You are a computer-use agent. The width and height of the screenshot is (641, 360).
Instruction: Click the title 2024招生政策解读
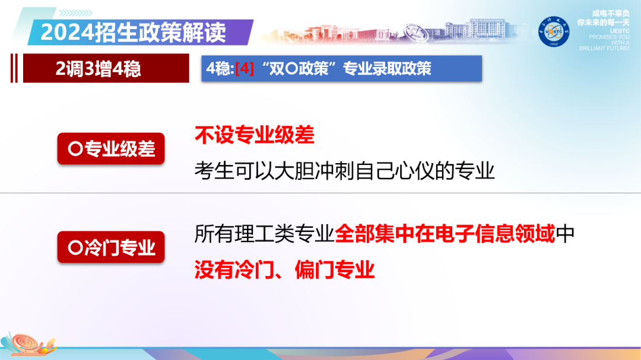tap(133, 31)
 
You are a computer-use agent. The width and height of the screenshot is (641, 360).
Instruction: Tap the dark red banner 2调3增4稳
tap(99, 69)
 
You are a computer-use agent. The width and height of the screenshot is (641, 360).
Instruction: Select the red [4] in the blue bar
tap(245, 69)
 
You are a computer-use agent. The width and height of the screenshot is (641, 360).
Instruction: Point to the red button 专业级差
tap(111, 148)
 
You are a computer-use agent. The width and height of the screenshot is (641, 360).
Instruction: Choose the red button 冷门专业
tap(111, 247)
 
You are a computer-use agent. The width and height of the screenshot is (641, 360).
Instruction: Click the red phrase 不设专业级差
tap(254, 136)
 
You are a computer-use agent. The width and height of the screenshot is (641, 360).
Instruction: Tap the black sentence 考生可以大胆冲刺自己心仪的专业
tap(344, 171)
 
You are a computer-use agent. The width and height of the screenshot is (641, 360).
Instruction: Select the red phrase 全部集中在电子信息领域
tap(445, 234)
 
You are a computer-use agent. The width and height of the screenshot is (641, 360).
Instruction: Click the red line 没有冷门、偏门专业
tap(285, 270)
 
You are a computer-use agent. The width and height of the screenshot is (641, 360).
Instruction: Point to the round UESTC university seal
tap(553, 31)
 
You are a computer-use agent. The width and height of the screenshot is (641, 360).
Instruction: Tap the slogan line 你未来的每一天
tap(602, 22)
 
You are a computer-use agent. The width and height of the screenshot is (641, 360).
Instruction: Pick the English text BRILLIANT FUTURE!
tap(604, 48)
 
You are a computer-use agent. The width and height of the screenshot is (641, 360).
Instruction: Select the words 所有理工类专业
tap(264, 234)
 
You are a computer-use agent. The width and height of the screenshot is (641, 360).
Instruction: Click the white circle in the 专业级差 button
tap(75, 149)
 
